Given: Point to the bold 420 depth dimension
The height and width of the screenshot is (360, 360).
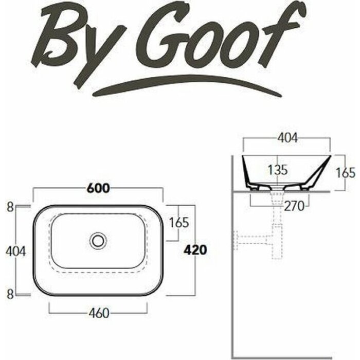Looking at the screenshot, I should (x=195, y=250).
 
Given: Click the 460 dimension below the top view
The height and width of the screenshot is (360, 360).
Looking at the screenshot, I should (x=99, y=314).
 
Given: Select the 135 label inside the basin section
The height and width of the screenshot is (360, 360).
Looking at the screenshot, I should (x=278, y=170).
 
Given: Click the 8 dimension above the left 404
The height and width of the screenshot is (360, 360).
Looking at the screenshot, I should (x=9, y=208).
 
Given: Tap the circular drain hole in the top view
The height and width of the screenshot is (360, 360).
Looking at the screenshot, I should (x=98, y=240).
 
